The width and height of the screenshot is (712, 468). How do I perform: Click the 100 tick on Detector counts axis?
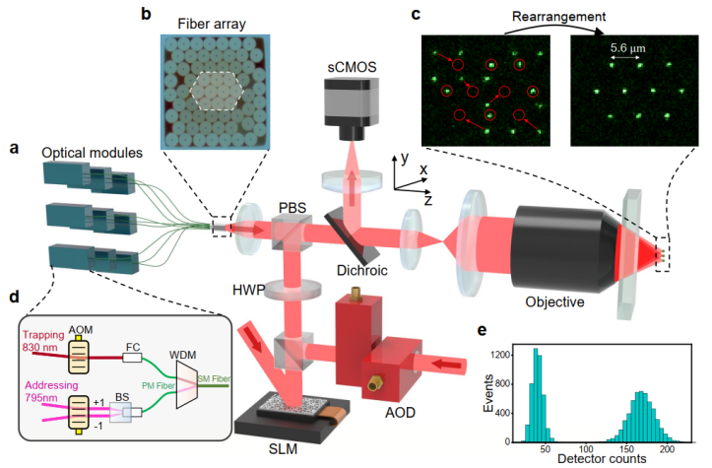(586, 448)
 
